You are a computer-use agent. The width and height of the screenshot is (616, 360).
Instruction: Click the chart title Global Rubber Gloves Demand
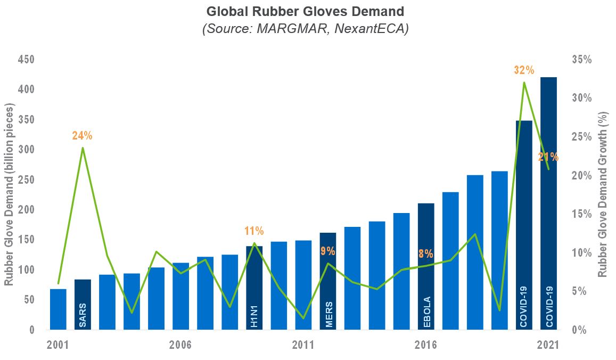pyautogui.click(x=305, y=11)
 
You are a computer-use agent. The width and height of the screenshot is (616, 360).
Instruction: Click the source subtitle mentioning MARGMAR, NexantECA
pyautogui.click(x=305, y=28)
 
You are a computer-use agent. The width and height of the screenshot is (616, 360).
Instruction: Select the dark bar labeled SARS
pyautogui.click(x=83, y=305)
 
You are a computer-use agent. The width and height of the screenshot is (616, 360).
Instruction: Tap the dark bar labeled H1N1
pyautogui.click(x=254, y=288)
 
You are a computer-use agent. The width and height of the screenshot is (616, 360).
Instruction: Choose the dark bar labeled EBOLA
pyautogui.click(x=426, y=267)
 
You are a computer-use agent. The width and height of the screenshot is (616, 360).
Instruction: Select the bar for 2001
pyautogui.click(x=58, y=309)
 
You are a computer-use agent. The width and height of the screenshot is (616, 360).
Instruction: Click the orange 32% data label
pyautogui.click(x=524, y=70)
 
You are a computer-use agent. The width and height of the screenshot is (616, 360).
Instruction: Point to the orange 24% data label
pyautogui.click(x=83, y=135)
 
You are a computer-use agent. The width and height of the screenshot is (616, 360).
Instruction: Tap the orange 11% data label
pyautogui.click(x=254, y=231)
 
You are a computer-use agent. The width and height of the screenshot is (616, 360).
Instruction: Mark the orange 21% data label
pyautogui.click(x=548, y=157)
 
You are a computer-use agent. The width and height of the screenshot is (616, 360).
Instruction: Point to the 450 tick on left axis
pyautogui.click(x=26, y=59)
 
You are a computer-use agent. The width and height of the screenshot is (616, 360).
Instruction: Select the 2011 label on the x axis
pyautogui.click(x=303, y=345)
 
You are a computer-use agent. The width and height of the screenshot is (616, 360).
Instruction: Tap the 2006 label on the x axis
pyautogui.click(x=180, y=345)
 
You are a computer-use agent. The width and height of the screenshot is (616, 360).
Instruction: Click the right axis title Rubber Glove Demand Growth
pyautogui.click(x=603, y=194)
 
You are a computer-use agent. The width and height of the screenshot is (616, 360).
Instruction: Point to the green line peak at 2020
pyautogui.click(x=524, y=83)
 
